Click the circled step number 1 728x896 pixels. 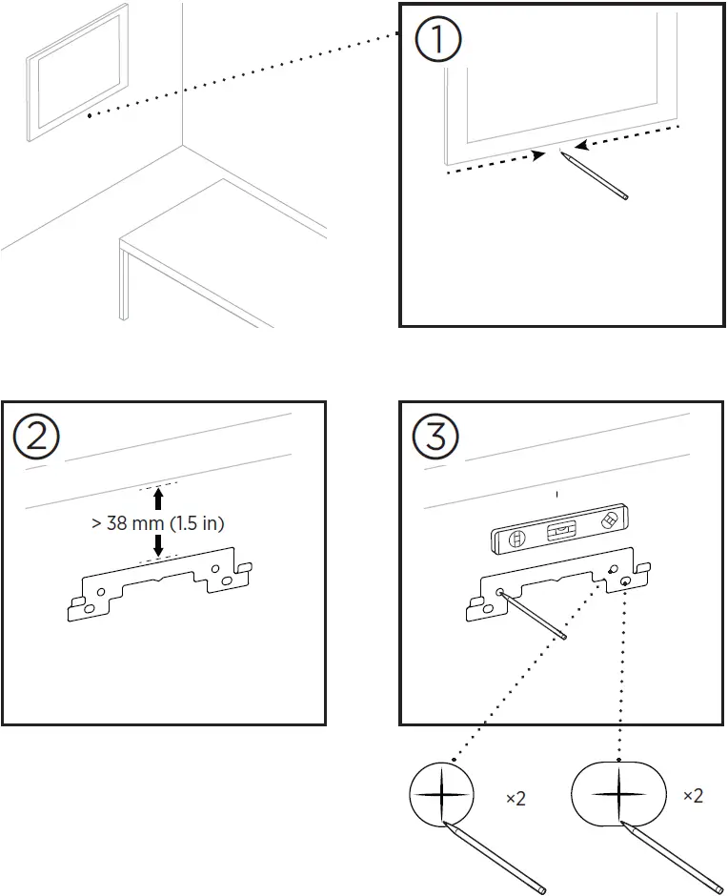[x=437, y=41]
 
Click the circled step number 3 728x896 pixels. [x=435, y=436]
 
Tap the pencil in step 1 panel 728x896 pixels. [x=595, y=174]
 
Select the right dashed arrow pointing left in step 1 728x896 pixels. [x=633, y=134]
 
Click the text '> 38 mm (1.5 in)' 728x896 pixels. [x=158, y=524]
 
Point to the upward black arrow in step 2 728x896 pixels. [x=158, y=499]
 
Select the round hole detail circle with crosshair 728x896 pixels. [x=441, y=794]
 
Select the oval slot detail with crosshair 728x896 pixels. [x=619, y=794]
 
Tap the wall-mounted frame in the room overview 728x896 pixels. [x=77, y=71]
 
